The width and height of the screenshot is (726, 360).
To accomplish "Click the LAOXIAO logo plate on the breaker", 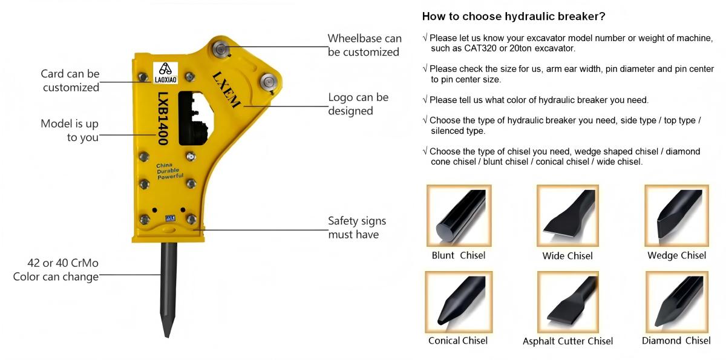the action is click(x=165, y=73).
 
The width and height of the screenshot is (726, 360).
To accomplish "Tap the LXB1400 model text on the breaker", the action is click(x=163, y=119).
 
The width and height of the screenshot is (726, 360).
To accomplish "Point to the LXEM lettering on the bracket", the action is click(x=226, y=90).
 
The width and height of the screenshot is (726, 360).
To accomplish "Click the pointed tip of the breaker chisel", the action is click(x=167, y=337).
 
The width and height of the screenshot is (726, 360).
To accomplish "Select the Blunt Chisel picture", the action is click(x=459, y=215).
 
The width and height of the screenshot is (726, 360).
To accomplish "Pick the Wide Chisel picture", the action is click(x=567, y=215).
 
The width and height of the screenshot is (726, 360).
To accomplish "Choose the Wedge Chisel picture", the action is click(x=676, y=215).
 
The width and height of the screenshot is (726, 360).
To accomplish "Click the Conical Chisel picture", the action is click(x=459, y=302).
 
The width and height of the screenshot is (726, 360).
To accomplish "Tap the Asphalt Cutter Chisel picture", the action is click(x=567, y=302).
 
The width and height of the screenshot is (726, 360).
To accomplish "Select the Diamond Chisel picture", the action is click(x=677, y=302).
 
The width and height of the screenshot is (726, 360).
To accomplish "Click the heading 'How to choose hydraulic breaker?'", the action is click(x=514, y=16).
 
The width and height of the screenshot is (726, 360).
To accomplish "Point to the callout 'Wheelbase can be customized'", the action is click(x=364, y=45).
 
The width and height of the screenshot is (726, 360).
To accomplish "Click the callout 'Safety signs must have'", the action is click(x=357, y=227).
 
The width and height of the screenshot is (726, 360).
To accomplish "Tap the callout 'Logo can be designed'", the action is click(x=358, y=104).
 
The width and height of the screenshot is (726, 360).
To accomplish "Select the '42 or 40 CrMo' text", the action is click(x=63, y=263).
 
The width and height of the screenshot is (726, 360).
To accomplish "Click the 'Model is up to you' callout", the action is click(x=70, y=130).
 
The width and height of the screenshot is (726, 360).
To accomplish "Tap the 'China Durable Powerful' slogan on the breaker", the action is click(x=169, y=171).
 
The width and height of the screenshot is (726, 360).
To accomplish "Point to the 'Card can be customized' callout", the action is click(x=70, y=80).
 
